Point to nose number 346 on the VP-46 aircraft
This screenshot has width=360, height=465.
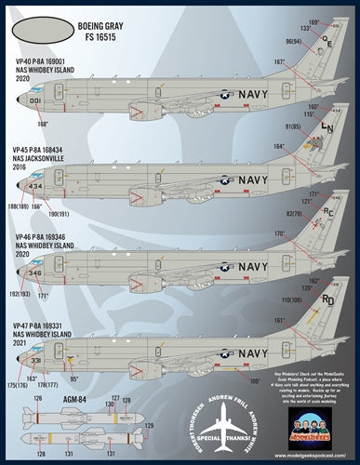pos(35,273)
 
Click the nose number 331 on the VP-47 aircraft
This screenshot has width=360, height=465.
pos(35,359)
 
